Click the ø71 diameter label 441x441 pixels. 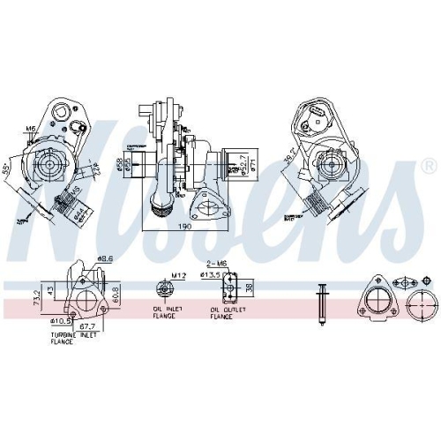255,165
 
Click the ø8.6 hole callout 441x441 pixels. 105,258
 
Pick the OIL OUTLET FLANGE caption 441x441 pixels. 227,314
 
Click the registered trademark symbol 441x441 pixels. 429,166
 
